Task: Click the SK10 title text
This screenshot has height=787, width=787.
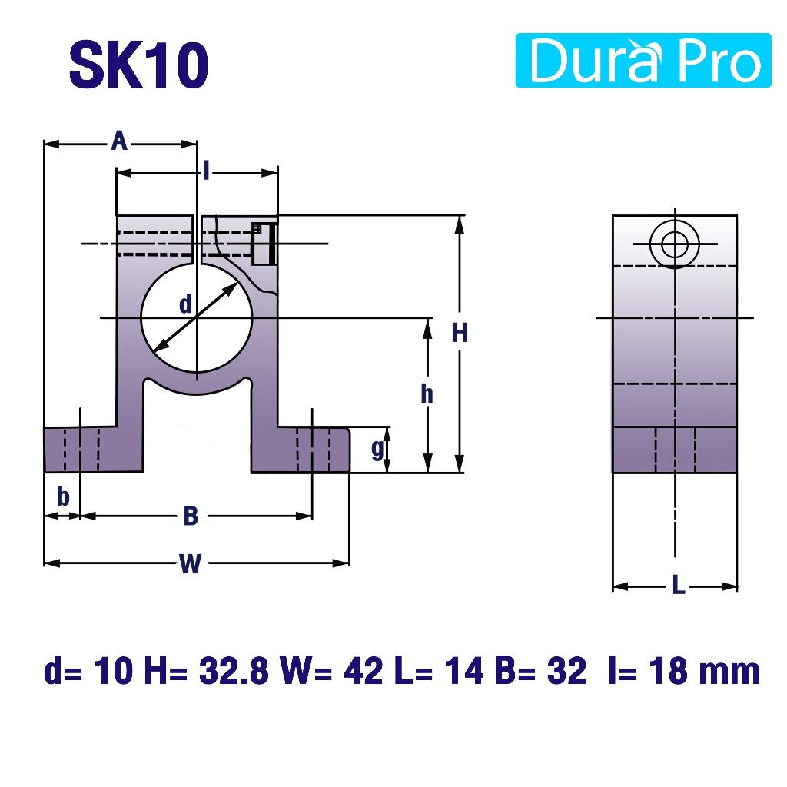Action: (138, 65)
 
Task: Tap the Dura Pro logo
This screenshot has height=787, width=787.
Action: (643, 60)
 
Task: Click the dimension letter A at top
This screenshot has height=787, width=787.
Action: (119, 141)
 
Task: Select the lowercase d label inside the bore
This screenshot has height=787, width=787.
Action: (185, 304)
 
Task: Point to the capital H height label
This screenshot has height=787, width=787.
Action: (460, 333)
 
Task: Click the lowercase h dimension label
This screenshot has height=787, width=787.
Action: (427, 394)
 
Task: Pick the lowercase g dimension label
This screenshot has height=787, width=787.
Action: (377, 449)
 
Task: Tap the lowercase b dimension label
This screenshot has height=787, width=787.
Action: (63, 497)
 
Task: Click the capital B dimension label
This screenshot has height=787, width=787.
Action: (191, 516)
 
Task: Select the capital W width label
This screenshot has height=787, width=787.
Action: (191, 563)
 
